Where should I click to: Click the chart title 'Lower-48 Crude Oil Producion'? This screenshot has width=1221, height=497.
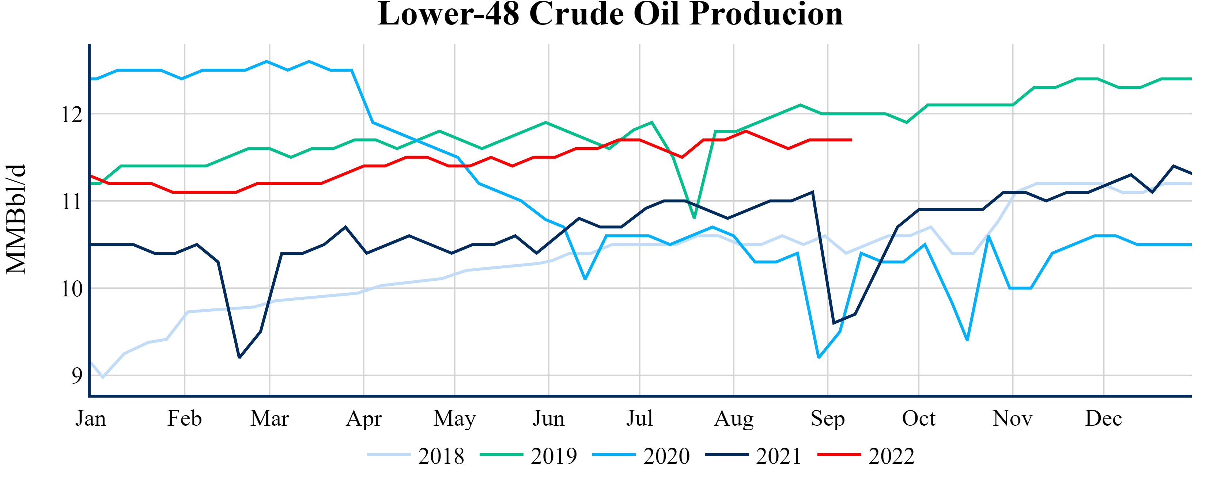[610, 14]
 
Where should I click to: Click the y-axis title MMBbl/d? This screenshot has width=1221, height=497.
[16, 219]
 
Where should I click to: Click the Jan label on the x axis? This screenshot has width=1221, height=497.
[91, 419]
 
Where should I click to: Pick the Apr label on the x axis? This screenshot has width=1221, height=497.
[363, 419]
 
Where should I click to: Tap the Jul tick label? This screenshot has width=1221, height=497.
[639, 419]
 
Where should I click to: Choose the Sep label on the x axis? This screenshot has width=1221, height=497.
[828, 419]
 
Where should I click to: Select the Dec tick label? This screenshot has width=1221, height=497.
[1103, 419]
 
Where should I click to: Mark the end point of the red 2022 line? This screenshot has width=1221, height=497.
[851, 140]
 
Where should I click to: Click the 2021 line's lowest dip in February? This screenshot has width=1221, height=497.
[239, 357]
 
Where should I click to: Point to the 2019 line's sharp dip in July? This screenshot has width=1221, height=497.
[694, 217]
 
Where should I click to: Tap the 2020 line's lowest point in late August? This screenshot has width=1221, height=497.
[819, 357]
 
